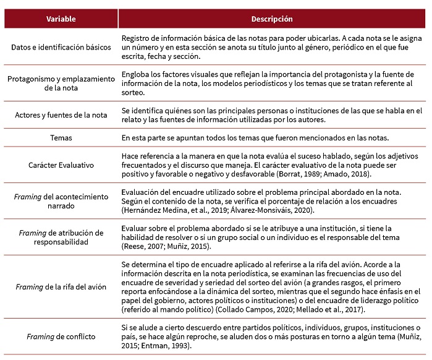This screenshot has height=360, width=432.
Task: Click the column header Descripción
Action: click(x=272, y=19)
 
